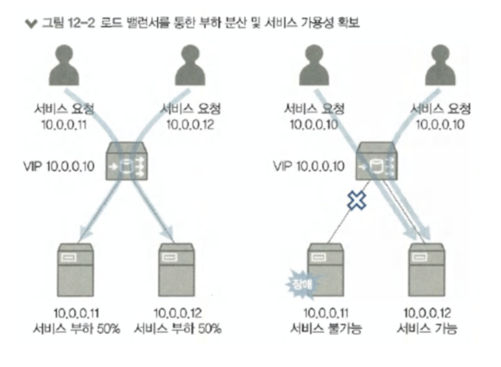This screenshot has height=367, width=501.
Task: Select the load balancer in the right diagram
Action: click(x=377, y=163)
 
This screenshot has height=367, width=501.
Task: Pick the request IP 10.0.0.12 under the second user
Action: click(x=190, y=125)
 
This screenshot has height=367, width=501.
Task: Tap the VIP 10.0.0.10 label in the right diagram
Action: click(x=310, y=166)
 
